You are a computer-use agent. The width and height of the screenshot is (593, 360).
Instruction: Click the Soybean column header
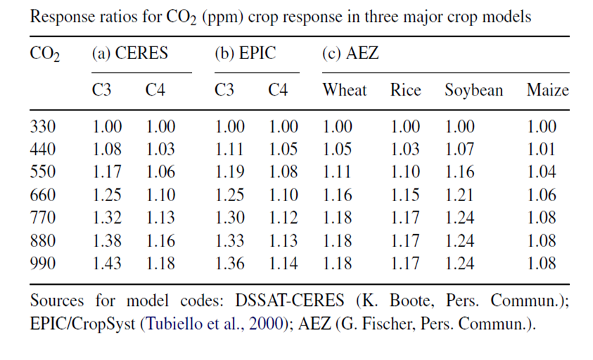point(473,90)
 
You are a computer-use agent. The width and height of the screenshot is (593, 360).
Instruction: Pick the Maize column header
point(547,90)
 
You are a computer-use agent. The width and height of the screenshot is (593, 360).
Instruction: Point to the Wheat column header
point(345,90)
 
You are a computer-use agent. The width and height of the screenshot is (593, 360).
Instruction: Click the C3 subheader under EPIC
point(226,90)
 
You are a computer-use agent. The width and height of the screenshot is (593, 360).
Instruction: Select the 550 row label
point(43,172)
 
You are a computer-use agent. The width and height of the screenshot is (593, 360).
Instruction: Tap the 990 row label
point(43,264)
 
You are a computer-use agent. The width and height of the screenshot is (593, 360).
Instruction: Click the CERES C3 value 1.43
point(107,264)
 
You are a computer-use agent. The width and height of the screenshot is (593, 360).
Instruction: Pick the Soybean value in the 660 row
point(459,195)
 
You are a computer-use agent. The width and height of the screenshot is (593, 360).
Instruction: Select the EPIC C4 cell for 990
point(283,264)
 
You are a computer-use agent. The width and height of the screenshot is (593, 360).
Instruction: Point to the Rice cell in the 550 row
point(405,172)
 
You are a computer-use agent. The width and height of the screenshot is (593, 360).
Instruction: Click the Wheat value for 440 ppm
point(338,150)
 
